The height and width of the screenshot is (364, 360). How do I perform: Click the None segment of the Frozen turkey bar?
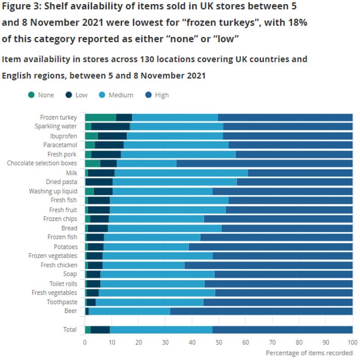click(100, 118)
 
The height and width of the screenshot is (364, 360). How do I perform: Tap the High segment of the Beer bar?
click(261, 311)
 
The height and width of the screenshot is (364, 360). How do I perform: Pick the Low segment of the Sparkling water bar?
click(111, 126)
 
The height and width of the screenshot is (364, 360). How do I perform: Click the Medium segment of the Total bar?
click(161, 330)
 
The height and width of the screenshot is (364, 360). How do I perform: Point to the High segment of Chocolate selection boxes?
click(264, 163)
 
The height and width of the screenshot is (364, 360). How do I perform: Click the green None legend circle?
click(32, 95)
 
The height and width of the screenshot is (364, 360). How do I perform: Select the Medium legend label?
click(121, 95)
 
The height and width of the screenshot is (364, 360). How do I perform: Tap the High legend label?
click(161, 95)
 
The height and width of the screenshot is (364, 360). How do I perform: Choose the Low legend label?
click(81, 95)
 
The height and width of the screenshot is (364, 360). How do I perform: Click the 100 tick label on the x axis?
click(352, 342)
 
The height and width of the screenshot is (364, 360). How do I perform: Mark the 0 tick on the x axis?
click(85, 342)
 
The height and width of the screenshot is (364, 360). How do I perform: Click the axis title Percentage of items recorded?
click(309, 353)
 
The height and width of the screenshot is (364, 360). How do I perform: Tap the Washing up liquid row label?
click(53, 191)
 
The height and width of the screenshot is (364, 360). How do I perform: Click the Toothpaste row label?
click(62, 302)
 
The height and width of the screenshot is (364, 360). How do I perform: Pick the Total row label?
click(69, 330)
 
